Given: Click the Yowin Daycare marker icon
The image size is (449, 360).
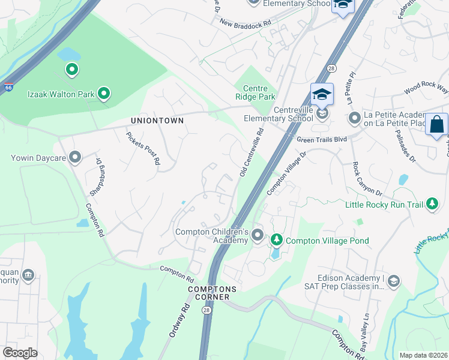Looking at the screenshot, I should pyautogui.click(x=75, y=158).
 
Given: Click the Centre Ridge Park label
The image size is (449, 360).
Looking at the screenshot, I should pyautogui.click(x=255, y=92).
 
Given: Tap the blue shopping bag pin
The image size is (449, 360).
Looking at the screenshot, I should pyautogui.click(x=436, y=125).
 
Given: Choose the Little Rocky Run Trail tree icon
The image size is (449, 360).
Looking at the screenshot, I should pyautogui.click(x=432, y=205).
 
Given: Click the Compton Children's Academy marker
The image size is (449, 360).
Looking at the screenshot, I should pyautogui.click(x=258, y=235).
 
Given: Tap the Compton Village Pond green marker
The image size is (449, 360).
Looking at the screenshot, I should pyautogui.click(x=277, y=241).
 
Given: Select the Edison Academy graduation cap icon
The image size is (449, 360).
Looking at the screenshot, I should pyautogui.click(x=393, y=281).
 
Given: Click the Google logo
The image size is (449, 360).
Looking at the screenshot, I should pyautogui.click(x=20, y=353).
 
